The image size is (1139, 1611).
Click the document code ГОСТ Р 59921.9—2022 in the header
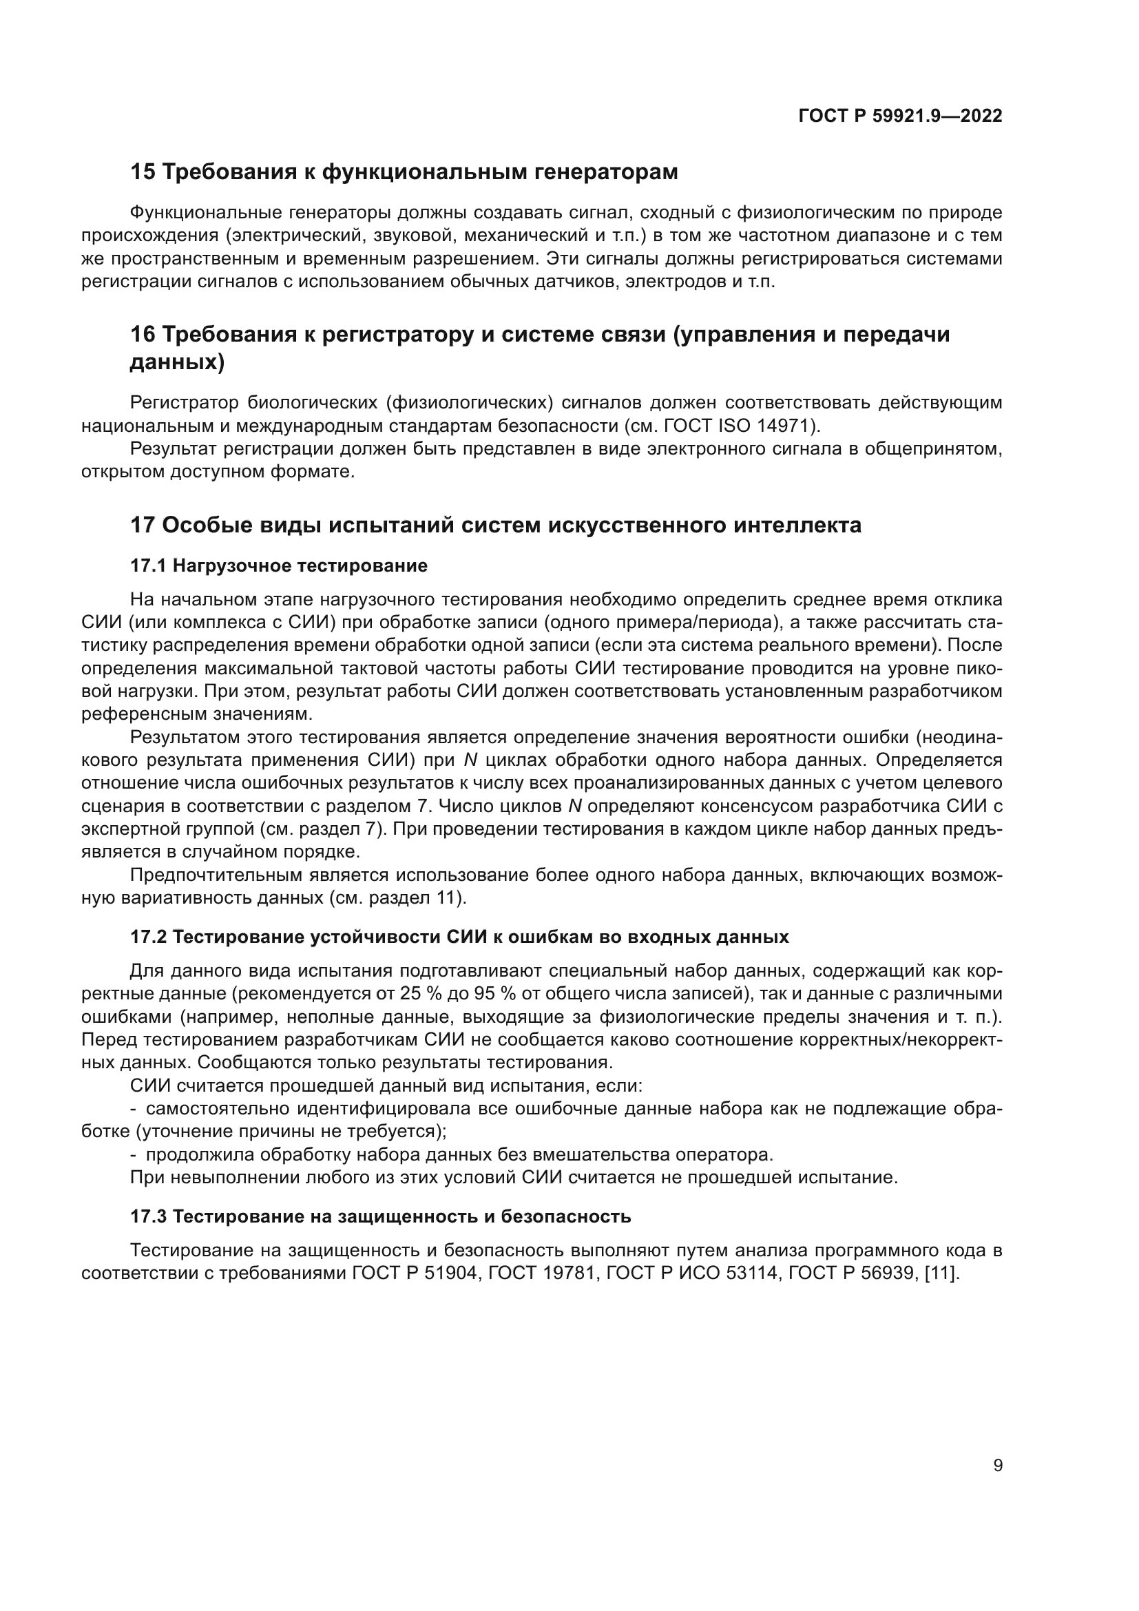tap(900, 116)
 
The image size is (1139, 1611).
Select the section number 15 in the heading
tap(143, 172)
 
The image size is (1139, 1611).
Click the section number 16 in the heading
tap(143, 335)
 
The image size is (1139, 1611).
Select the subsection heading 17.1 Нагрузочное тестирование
tap(278, 565)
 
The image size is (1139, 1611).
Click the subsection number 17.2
tap(148, 937)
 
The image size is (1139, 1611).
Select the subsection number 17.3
tap(148, 1216)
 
